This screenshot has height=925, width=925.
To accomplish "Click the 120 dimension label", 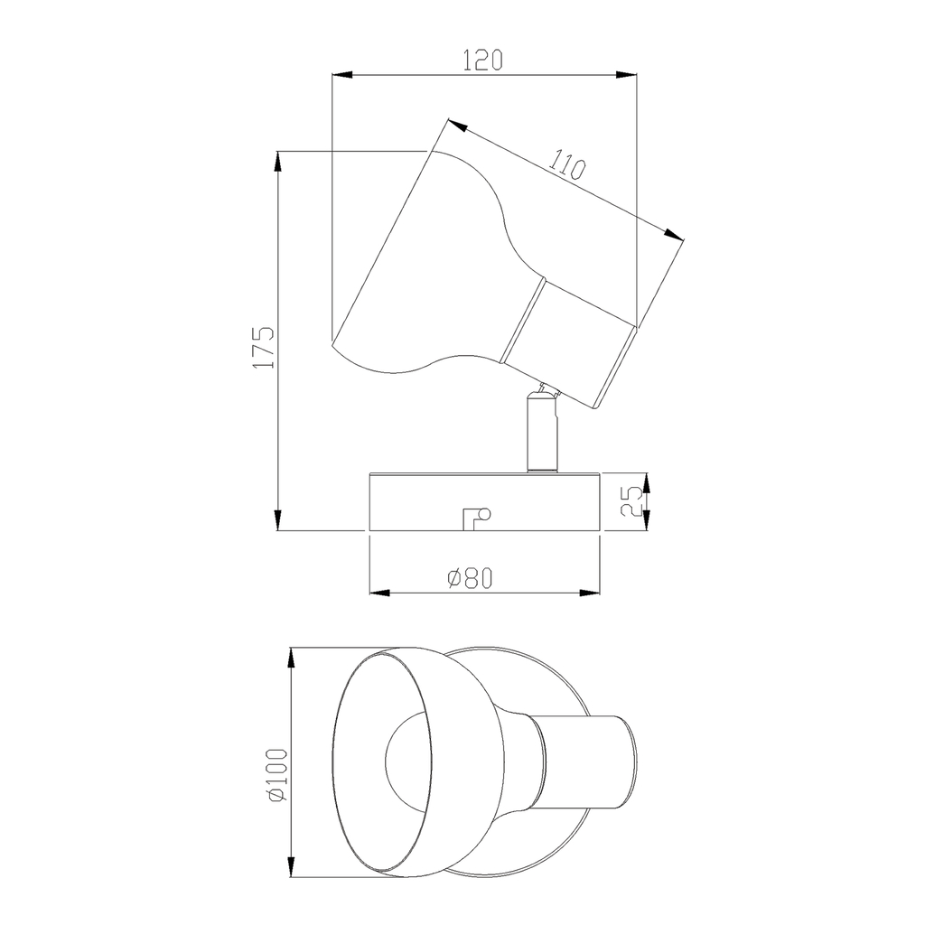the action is [482, 61].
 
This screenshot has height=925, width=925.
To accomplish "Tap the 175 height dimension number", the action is [264, 348].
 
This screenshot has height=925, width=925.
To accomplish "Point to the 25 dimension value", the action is [631, 501].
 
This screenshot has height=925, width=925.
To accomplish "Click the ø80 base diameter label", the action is [470, 579].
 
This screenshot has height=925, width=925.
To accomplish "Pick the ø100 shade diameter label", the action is [277, 775].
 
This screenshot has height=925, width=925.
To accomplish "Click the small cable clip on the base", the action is [477, 519].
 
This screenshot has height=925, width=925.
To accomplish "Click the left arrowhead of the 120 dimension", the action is [342, 75].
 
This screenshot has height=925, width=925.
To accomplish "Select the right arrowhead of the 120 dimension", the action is [627, 75].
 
